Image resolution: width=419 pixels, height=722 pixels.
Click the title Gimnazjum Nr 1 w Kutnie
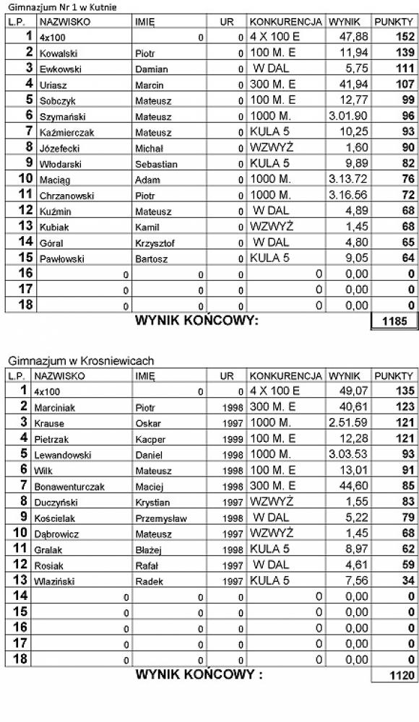click(62, 7)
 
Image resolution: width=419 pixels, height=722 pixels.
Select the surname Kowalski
click(58, 53)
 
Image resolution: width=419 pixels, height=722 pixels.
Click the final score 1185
click(396, 322)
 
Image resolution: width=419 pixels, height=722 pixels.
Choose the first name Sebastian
click(156, 164)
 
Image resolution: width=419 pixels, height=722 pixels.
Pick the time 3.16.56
click(348, 196)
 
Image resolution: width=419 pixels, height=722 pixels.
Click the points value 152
click(405, 37)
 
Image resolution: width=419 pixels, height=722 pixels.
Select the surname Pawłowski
click(61, 258)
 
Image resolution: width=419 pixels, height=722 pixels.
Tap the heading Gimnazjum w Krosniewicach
click(82, 361)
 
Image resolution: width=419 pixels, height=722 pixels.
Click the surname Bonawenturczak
click(69, 487)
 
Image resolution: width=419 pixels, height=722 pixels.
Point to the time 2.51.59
click(348, 423)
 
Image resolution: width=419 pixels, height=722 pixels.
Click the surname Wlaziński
click(58, 581)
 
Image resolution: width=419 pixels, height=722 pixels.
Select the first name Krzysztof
click(155, 243)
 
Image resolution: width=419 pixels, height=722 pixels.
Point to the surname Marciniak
click(59, 408)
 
